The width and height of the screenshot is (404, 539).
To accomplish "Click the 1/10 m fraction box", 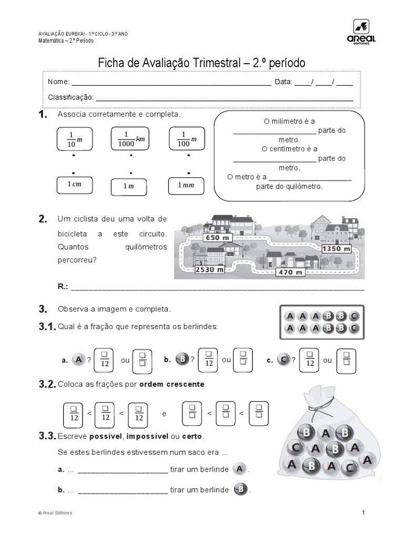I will (x=73, y=139).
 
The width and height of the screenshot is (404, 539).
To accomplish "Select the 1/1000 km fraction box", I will (x=130, y=139).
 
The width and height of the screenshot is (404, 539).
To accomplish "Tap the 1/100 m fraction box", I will (x=187, y=139).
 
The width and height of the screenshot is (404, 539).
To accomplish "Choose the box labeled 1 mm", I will (x=187, y=186).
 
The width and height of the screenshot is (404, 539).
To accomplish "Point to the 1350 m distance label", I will (x=336, y=248).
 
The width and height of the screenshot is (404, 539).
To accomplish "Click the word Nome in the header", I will (x=58, y=82).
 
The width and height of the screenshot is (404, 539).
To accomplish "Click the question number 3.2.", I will (x=47, y=384).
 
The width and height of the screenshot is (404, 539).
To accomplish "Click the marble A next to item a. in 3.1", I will (x=78, y=360).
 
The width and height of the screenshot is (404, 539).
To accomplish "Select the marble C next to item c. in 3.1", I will (x=283, y=360).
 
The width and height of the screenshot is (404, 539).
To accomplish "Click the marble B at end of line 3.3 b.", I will (x=240, y=490).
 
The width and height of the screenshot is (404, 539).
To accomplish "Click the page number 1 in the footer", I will (x=363, y=513).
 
